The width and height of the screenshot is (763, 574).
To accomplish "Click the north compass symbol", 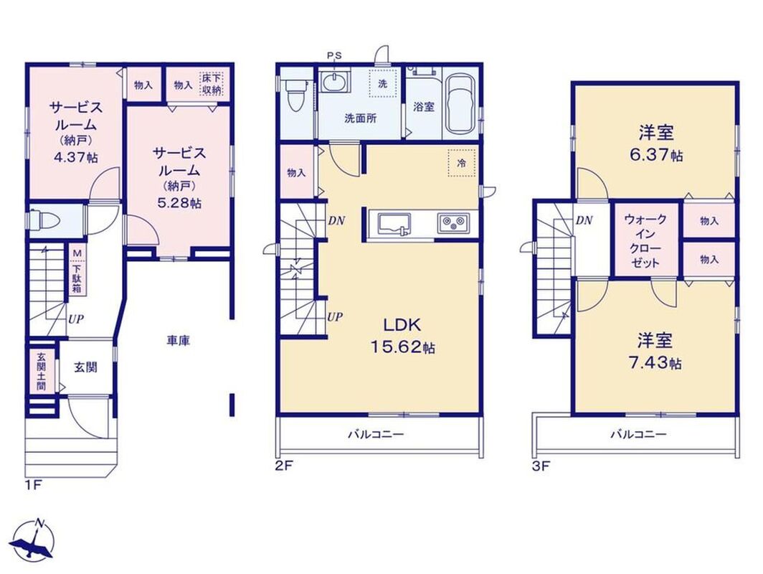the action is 33,539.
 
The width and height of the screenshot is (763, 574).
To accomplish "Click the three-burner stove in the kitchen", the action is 453,224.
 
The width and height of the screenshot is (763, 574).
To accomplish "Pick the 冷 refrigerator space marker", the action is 461,163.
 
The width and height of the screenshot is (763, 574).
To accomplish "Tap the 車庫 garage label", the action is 179,341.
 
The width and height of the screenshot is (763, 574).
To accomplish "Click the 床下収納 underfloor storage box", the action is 211,84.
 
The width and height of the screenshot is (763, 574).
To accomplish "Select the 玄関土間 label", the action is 41,372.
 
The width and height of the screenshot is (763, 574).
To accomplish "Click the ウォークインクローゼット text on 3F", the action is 645,241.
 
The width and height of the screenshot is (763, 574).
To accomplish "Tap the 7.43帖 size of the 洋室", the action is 654,363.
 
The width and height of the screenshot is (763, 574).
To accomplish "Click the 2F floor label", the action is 283,466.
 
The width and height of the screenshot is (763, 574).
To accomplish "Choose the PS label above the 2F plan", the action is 334,55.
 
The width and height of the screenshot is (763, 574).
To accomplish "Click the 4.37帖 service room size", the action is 72,156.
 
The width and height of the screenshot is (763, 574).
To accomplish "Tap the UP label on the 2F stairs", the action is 335,317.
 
